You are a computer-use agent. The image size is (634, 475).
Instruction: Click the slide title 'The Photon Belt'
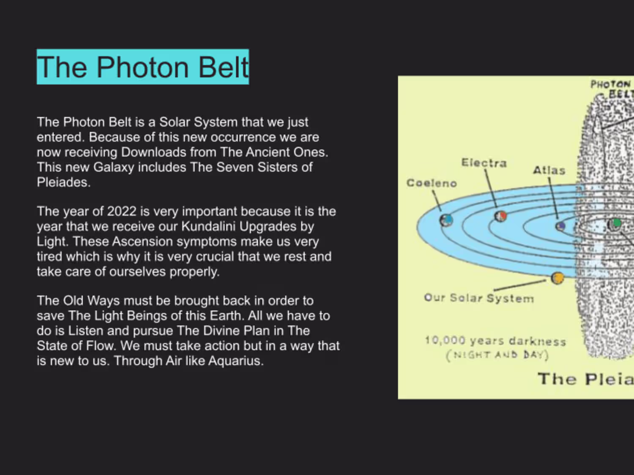click(x=143, y=67)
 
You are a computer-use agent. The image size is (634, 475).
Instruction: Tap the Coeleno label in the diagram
click(x=432, y=183)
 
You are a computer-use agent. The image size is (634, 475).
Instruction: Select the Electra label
click(x=484, y=163)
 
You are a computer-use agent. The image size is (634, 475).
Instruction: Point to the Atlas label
click(x=549, y=170)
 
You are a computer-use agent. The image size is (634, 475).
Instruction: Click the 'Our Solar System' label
click(x=479, y=298)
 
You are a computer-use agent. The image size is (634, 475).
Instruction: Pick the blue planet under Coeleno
click(x=446, y=220)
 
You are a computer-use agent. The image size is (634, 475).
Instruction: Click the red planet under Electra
click(x=501, y=216)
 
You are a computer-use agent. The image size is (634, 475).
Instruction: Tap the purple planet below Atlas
click(x=560, y=226)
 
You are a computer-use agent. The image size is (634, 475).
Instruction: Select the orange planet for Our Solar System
click(x=557, y=278)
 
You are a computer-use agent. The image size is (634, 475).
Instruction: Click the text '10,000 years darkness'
click(x=495, y=341)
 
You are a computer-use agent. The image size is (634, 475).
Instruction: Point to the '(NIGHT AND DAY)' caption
click(x=497, y=355)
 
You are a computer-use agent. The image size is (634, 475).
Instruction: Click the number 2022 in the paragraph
click(x=122, y=212)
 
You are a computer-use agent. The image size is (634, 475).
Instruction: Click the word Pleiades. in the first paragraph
click(x=63, y=182)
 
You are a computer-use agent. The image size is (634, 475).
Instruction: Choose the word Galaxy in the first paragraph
click(x=114, y=168)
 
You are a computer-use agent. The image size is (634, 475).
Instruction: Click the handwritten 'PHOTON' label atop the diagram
click(x=610, y=84)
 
